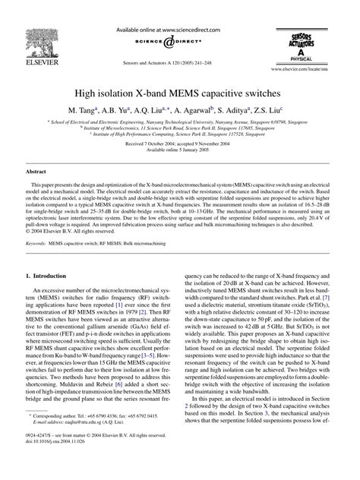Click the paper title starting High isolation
pos(180,90)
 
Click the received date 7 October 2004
pos(150,144)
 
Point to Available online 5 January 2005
pos(179,150)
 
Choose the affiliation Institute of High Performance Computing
pos(179,133)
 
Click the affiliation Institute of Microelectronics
pos(179,127)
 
